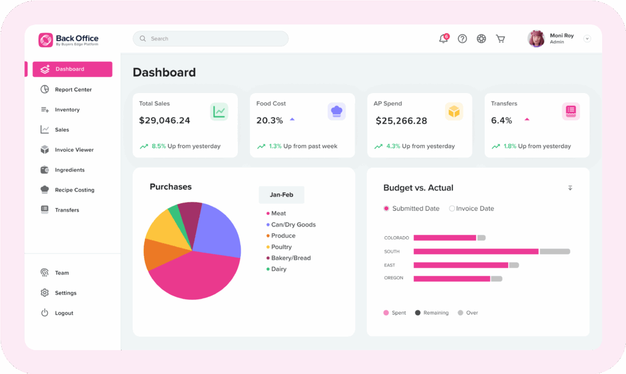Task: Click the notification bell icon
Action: click(443, 39)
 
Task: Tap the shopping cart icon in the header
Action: click(500, 39)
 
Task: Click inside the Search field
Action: click(210, 39)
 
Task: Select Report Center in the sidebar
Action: click(73, 89)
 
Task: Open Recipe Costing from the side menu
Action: click(74, 190)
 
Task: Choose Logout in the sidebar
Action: click(64, 313)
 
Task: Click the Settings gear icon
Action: click(45, 293)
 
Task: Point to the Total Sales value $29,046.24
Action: click(164, 121)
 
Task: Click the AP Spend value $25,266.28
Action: click(401, 121)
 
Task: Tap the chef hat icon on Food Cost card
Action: click(336, 111)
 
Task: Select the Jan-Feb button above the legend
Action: click(281, 195)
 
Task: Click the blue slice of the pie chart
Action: click(217, 230)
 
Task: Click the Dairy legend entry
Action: click(278, 269)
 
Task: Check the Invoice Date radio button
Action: click(452, 209)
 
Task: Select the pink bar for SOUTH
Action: click(476, 252)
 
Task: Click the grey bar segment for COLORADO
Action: click(481, 237)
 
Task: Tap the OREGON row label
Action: click(394, 279)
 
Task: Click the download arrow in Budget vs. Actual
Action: click(570, 188)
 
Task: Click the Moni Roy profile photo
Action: click(536, 39)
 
